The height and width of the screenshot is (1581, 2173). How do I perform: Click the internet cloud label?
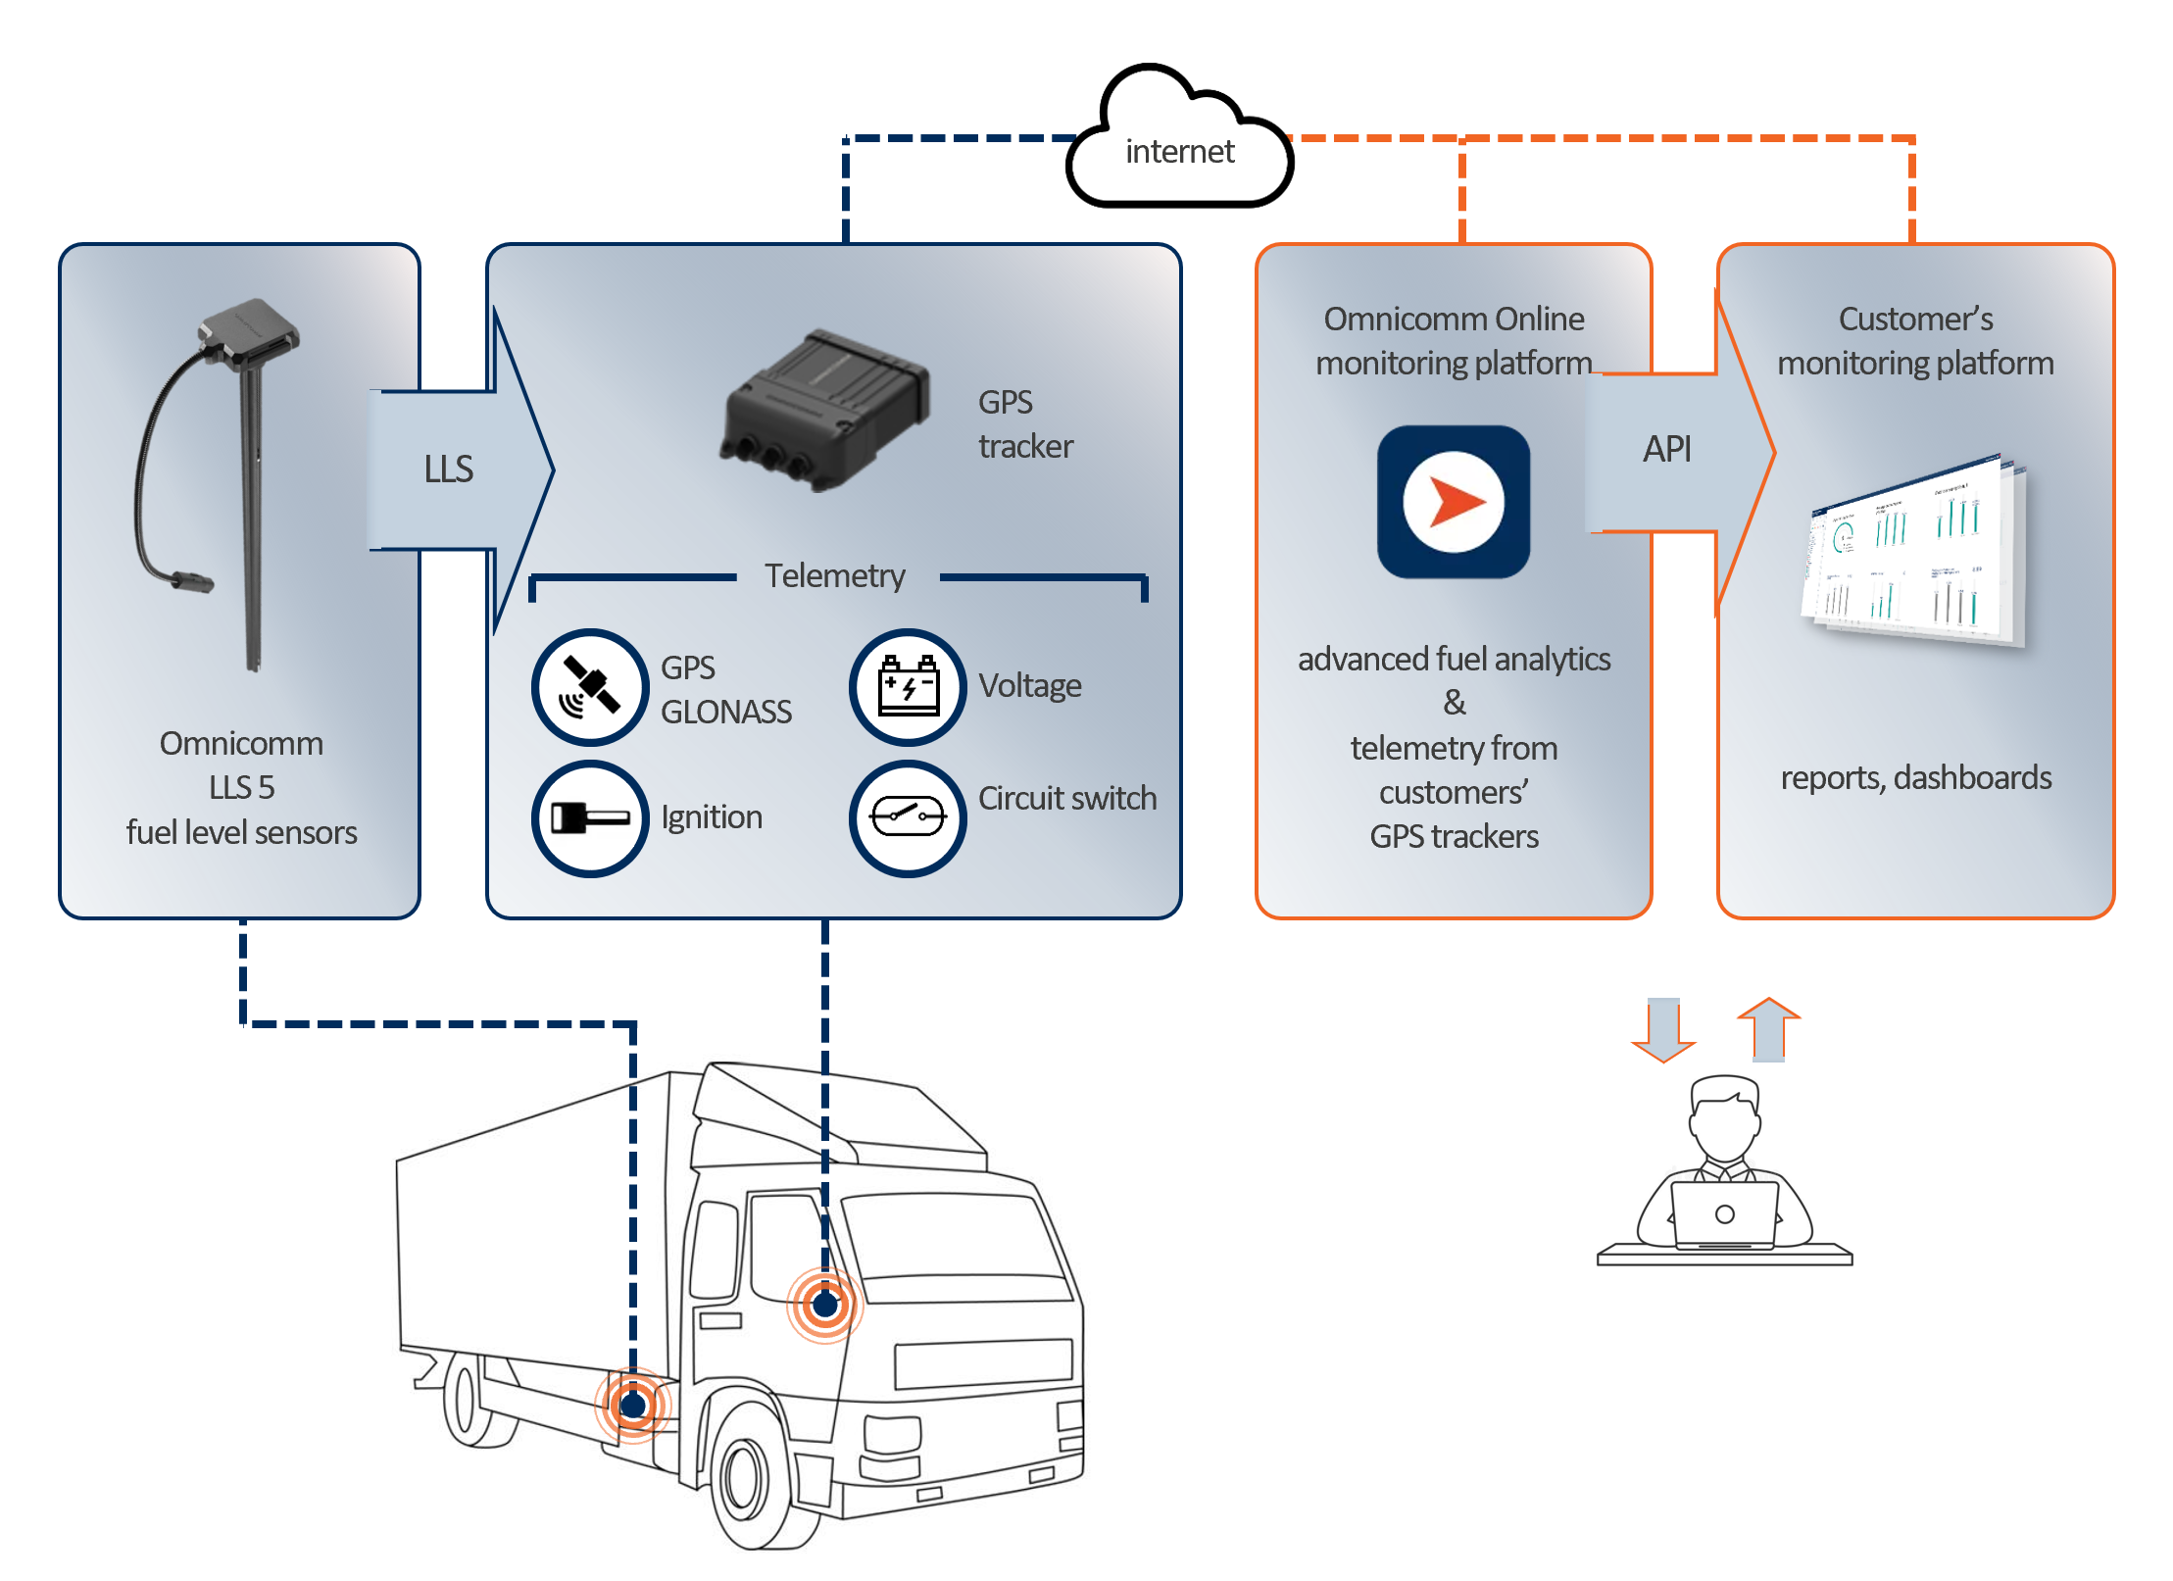(x=1179, y=151)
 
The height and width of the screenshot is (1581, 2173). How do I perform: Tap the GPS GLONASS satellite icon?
(x=590, y=686)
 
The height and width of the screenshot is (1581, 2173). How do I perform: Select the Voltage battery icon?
(x=908, y=686)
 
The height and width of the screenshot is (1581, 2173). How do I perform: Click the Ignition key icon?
(x=590, y=817)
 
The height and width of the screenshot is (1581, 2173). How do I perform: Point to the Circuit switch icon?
(x=908, y=817)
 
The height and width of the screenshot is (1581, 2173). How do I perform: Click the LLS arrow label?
(x=448, y=469)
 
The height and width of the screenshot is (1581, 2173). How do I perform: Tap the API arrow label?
(x=1666, y=449)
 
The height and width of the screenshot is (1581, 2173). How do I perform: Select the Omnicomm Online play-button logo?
(x=1454, y=501)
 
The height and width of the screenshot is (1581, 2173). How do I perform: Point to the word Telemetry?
(x=834, y=575)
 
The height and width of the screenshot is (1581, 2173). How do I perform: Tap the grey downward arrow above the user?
(x=1663, y=1029)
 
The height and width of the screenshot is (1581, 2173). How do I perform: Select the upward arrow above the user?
(x=1768, y=1029)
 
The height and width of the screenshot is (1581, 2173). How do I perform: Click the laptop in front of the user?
(x=1724, y=1214)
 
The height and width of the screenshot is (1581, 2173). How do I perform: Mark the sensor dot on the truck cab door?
(x=825, y=1305)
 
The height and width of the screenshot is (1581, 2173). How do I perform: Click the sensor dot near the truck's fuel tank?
(x=633, y=1406)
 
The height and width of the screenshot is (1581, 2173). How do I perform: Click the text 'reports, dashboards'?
(x=1915, y=777)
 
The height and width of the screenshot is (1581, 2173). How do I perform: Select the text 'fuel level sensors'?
(x=241, y=832)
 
